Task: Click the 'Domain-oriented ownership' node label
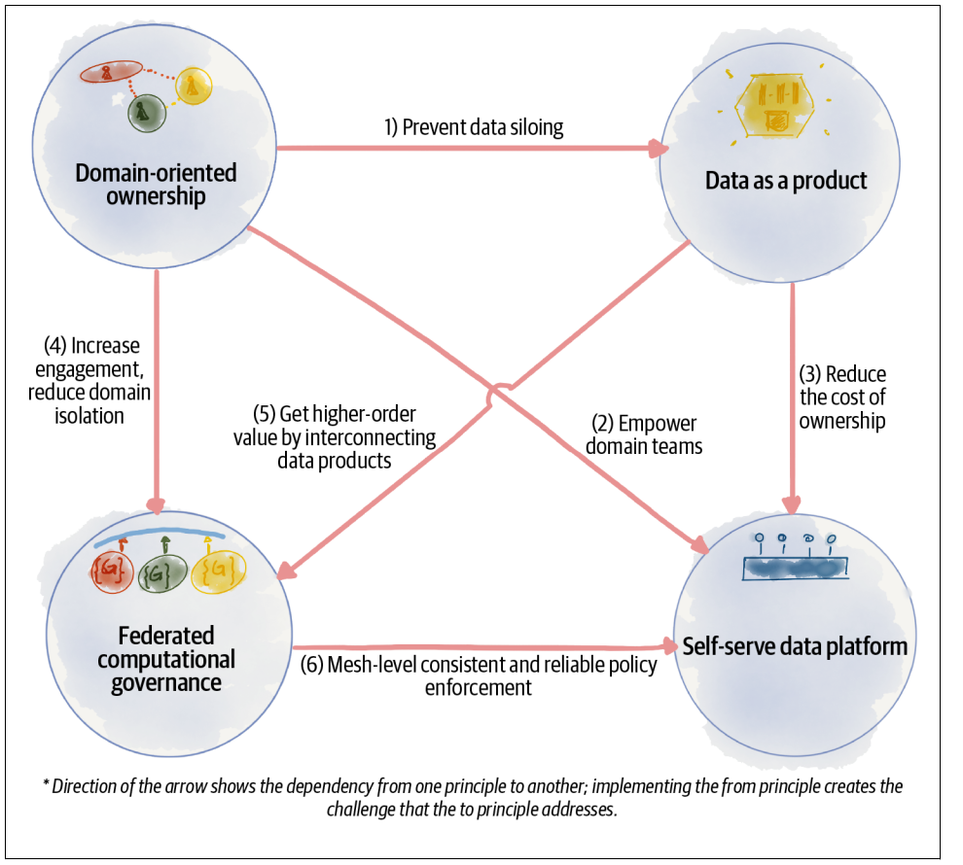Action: [x=156, y=185]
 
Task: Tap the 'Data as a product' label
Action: [x=785, y=181]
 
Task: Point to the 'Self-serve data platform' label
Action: [x=795, y=645]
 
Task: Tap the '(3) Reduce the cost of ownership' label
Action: [x=842, y=398]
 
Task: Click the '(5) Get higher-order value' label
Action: [x=333, y=435]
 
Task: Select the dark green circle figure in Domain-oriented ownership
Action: [x=145, y=113]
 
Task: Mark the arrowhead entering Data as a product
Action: [x=660, y=149]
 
